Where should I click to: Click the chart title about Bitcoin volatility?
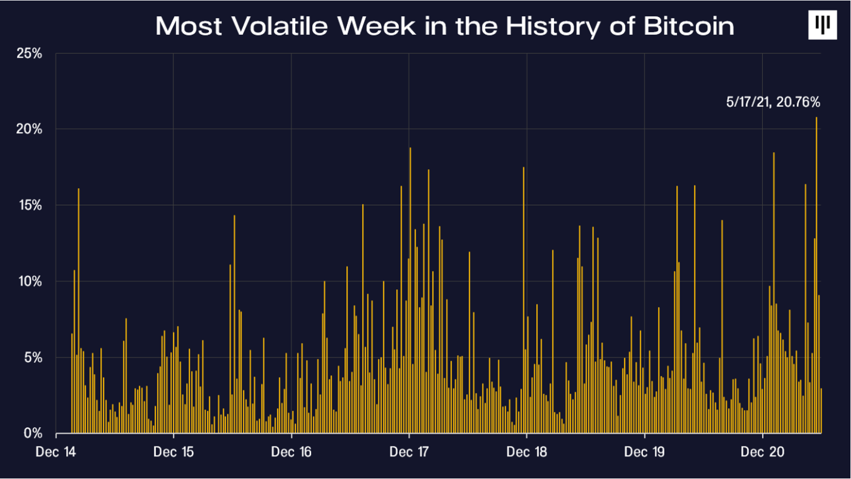(445, 26)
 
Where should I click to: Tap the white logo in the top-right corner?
(822, 25)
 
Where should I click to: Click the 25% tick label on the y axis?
(29, 53)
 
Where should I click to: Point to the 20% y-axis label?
(29, 129)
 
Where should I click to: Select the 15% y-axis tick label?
(29, 205)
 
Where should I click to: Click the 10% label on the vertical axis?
(29, 282)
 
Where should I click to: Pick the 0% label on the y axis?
(33, 433)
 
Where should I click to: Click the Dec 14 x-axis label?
(56, 452)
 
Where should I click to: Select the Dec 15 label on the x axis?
(173, 452)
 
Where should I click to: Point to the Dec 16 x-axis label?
(291, 452)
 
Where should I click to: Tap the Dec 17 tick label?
(409, 452)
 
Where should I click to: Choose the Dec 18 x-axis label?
(526, 452)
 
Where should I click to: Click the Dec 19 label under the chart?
(644, 452)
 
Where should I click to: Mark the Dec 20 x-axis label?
(762, 452)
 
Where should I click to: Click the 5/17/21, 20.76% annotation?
(773, 102)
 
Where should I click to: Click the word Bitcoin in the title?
(689, 26)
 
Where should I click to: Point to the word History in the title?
(552, 26)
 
